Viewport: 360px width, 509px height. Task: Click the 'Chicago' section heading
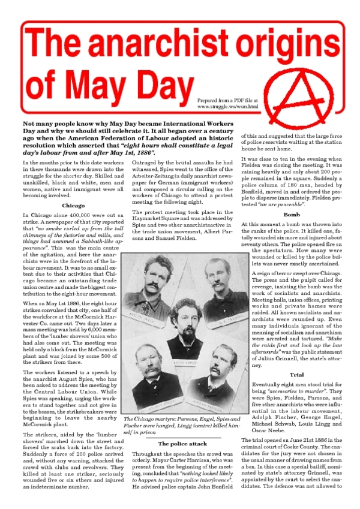point(73,206)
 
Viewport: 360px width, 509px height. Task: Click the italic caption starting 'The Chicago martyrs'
point(181,426)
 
